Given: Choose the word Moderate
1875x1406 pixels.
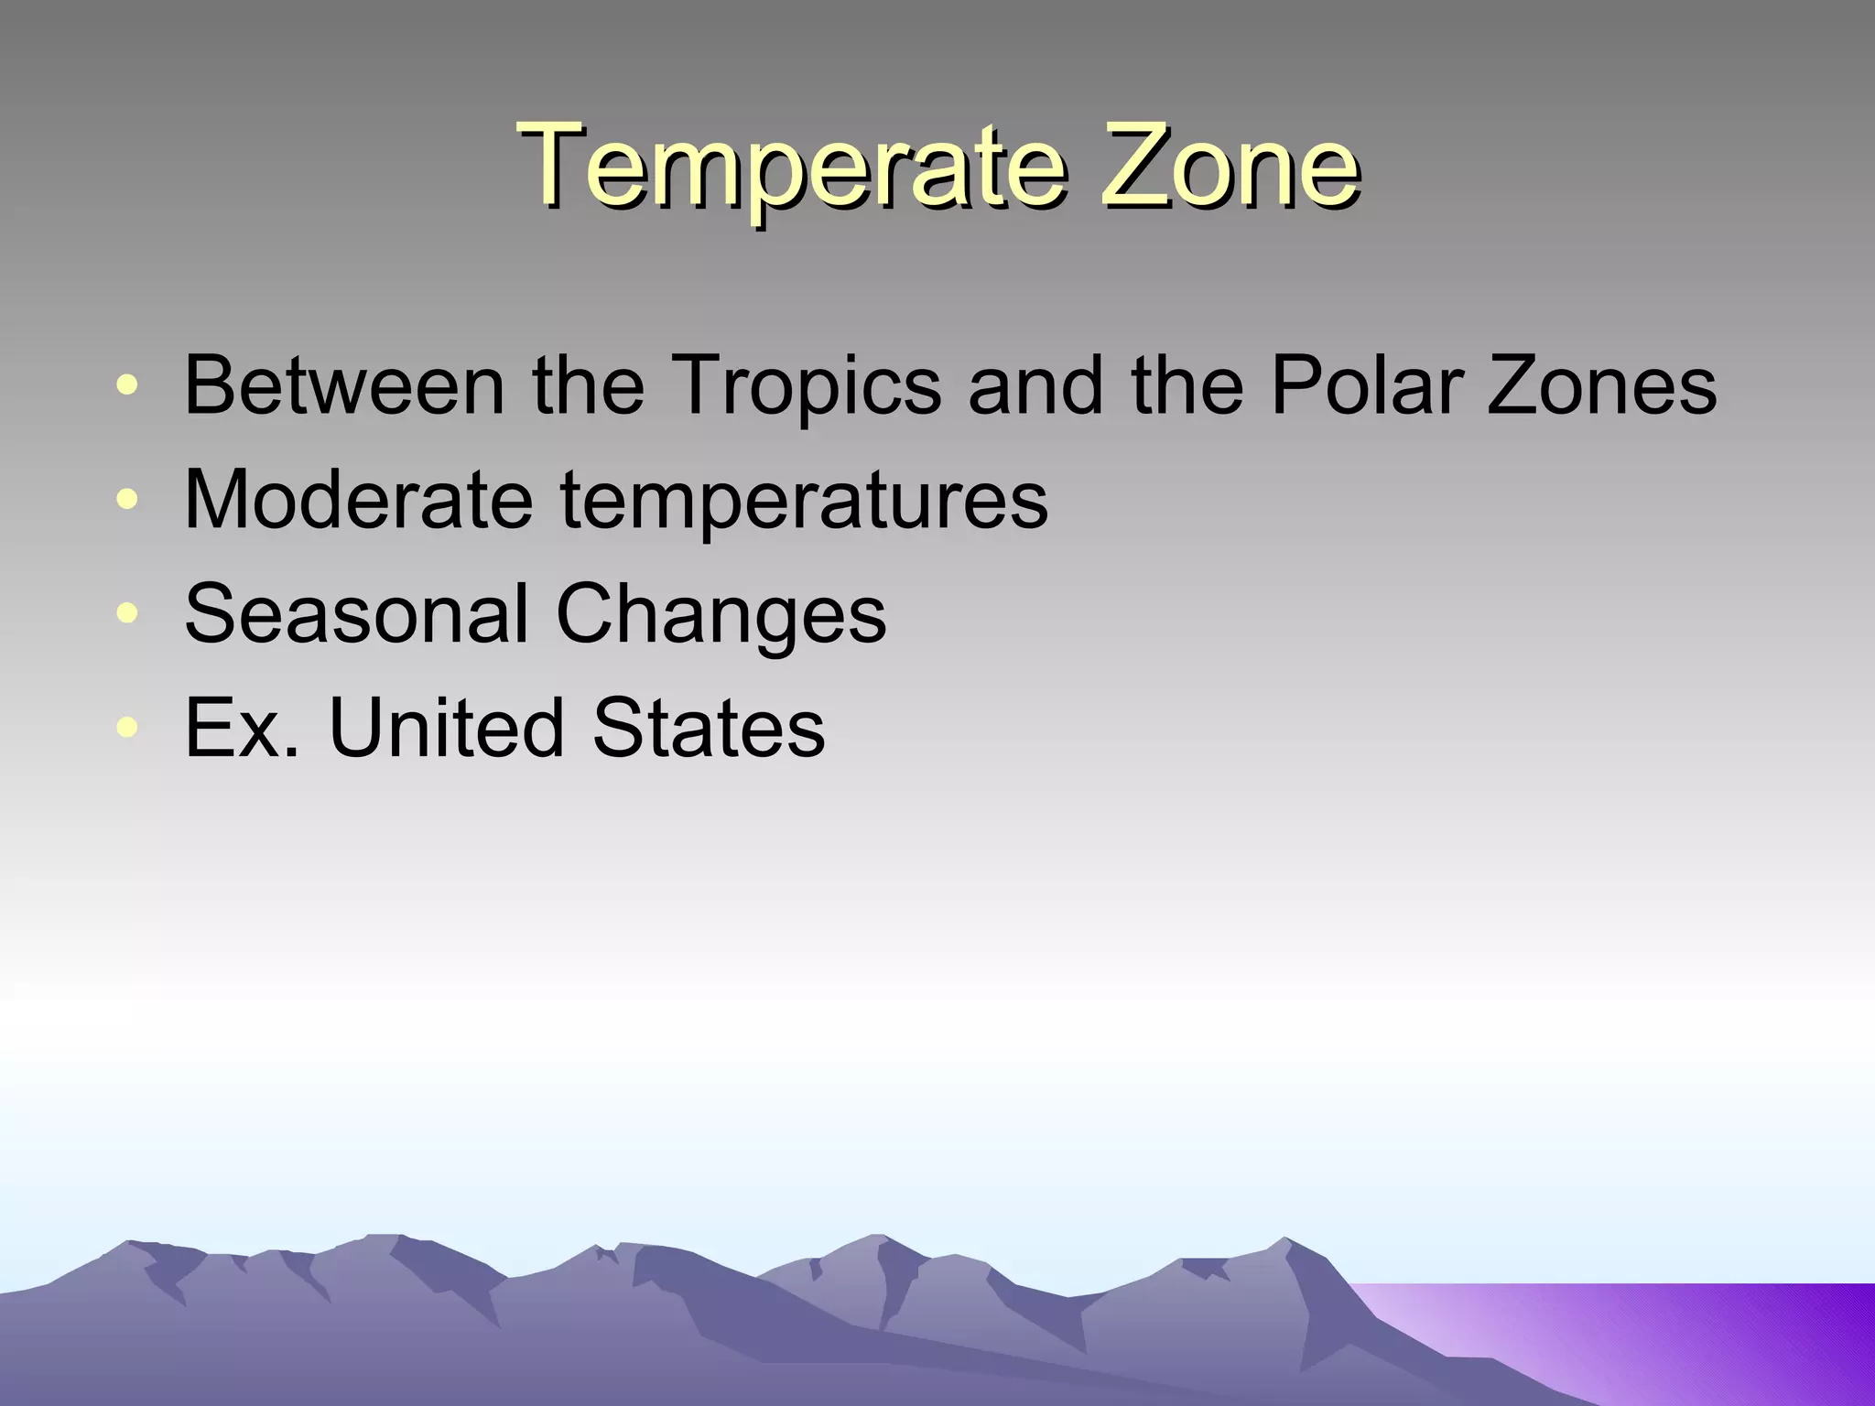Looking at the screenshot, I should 358,499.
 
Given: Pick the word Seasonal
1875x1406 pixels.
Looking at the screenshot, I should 356,613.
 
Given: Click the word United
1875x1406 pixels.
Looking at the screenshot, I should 447,728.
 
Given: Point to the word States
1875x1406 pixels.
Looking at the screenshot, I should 709,728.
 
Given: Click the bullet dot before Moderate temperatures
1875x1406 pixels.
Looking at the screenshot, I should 128,500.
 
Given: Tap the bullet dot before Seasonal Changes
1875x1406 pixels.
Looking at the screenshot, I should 128,614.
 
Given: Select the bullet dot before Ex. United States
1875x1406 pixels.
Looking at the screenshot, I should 128,729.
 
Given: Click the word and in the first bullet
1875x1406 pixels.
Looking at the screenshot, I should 1035,385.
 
